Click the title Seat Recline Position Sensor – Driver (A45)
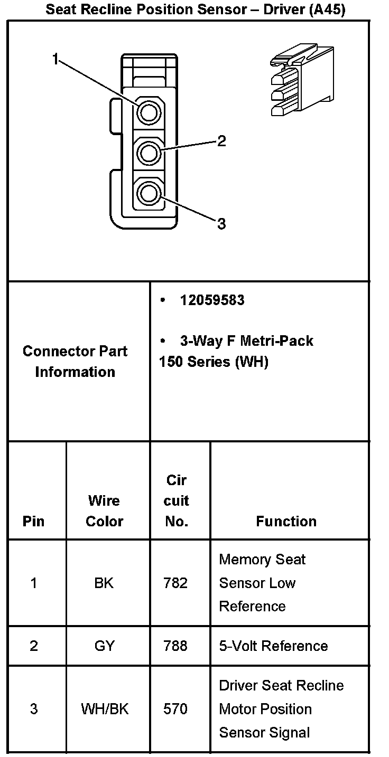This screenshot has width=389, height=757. pos(195,9)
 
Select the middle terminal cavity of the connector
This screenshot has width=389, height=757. pos(149,153)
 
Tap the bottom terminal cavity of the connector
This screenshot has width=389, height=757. pos(149,193)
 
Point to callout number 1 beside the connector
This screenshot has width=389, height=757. pos(55,60)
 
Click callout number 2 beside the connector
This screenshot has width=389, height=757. pos(221,140)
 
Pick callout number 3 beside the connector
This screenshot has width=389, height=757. pos(221,224)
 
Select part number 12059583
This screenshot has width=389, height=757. pos(212,300)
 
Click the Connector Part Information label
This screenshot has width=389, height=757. pos(75,362)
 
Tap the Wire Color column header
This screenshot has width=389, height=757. pos(104,510)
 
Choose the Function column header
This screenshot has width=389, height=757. pos(286,521)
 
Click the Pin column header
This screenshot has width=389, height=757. pos(34,521)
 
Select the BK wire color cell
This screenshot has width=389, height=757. pos(104,583)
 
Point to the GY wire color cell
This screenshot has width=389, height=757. pos(104,646)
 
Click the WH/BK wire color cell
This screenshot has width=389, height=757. pos(105,708)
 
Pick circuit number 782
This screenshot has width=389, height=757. pos(176,583)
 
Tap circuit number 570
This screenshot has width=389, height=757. pos(176,708)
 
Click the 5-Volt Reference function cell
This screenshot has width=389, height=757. pos(273,646)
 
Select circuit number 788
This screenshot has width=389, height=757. pos(176,646)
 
